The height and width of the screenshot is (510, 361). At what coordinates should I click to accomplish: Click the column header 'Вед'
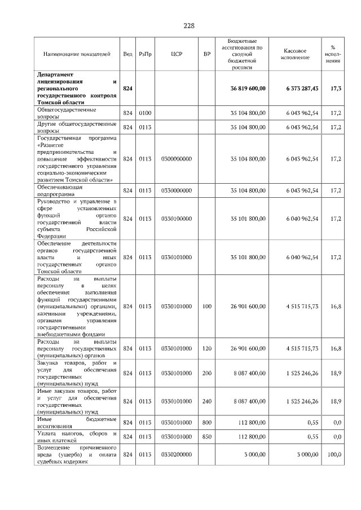coord(128,54)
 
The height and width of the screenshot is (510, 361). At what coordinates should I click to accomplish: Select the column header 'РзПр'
coord(146,54)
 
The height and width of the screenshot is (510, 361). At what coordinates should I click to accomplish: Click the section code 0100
coord(146,113)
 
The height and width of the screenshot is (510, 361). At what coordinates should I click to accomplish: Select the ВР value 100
coord(207,306)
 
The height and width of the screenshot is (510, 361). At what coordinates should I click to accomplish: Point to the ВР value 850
coord(207,437)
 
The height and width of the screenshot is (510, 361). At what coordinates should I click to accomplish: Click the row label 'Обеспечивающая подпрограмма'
coord(60,190)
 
